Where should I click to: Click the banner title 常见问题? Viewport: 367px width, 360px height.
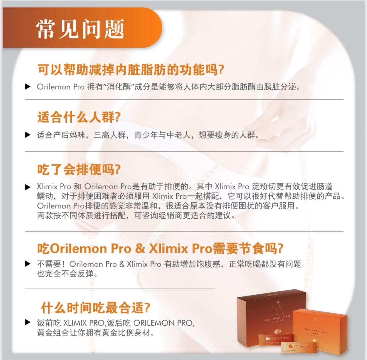point(80,29)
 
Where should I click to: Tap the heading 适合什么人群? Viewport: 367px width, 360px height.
point(79,117)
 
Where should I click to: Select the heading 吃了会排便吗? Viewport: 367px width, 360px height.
point(79,169)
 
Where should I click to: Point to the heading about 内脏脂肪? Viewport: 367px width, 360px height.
point(131,70)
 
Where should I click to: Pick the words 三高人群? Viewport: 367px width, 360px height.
point(110,135)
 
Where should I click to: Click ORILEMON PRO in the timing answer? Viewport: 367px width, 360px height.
point(163,323)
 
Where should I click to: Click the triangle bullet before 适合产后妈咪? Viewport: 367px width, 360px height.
point(28,135)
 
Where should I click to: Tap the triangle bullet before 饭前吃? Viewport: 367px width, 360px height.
point(28,322)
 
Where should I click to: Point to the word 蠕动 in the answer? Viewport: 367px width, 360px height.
point(45,196)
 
